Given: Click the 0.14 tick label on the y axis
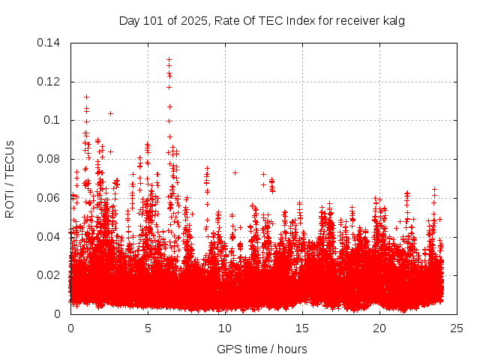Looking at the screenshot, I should [x=49, y=43].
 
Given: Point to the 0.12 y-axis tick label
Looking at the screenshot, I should [x=49, y=82].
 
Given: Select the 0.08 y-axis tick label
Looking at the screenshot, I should [x=49, y=159].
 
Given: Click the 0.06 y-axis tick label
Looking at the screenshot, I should [x=49, y=198].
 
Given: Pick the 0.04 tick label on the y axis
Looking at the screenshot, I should [x=49, y=237].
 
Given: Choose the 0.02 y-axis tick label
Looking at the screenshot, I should [x=49, y=275].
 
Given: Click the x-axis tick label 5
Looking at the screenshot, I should [x=148, y=328].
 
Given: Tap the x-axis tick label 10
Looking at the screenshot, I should [x=226, y=328].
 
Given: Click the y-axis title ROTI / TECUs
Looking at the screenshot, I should [x=10, y=178].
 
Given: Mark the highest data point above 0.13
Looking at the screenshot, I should [x=169, y=59].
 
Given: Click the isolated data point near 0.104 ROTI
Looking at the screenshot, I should [x=110, y=113].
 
